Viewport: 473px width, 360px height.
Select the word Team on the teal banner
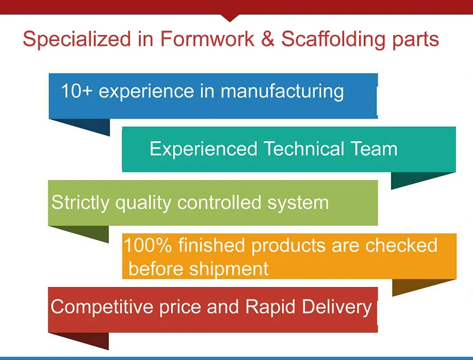click(374, 149)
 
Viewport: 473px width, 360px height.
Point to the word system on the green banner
click(297, 203)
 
